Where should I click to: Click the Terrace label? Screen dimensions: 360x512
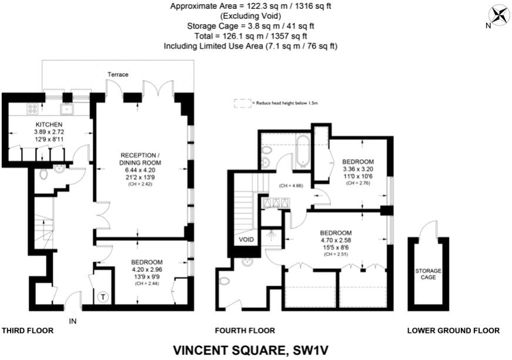click(117, 75)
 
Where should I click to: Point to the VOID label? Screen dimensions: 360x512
click(245, 240)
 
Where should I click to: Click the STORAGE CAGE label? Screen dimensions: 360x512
click(428, 274)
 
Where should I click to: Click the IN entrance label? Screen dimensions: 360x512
click(73, 321)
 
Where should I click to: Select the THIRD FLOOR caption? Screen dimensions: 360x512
click(28, 331)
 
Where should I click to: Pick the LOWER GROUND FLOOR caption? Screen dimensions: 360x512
click(453, 331)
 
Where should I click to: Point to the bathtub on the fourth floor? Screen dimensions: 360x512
click(303, 151)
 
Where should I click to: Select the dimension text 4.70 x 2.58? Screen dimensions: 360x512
click(336, 240)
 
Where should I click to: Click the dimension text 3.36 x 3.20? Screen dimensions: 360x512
click(358, 169)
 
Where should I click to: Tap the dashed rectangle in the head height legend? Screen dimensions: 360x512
click(241, 103)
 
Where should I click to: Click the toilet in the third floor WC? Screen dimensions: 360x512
click(44, 174)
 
